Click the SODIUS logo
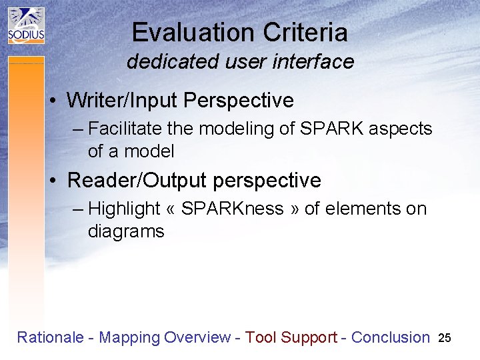(x=26, y=25)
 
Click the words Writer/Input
(x=123, y=101)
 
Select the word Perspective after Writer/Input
(x=238, y=101)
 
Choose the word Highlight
(x=124, y=209)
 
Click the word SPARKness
(x=232, y=209)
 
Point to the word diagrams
(x=126, y=231)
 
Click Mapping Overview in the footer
(x=164, y=337)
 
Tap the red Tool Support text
(x=291, y=337)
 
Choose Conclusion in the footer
(x=390, y=337)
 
